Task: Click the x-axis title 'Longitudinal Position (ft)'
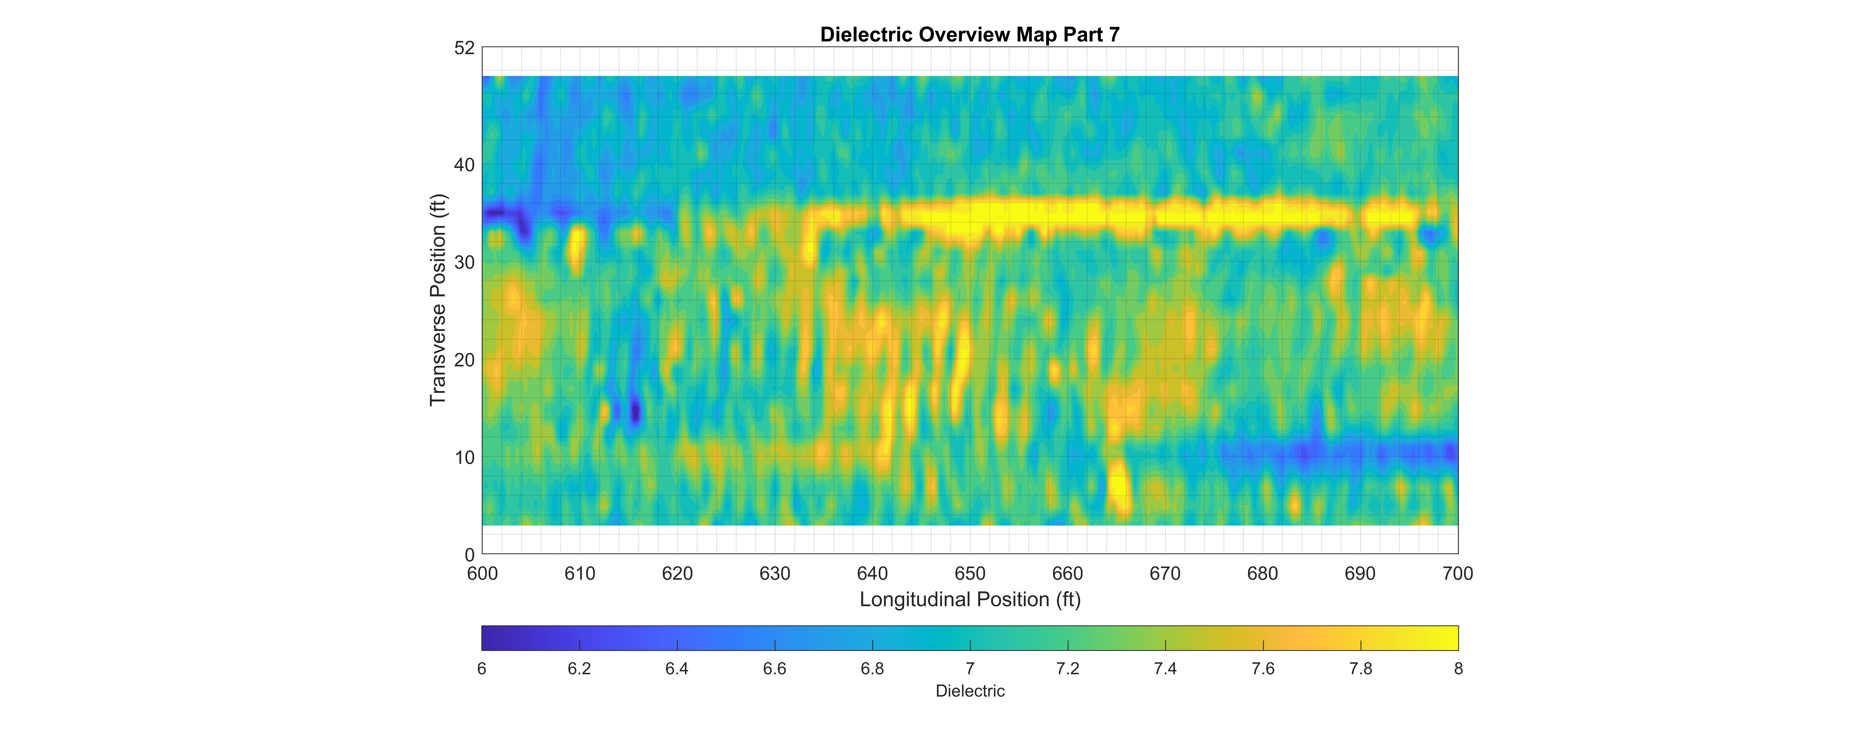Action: [970, 599]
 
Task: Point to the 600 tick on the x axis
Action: [482, 574]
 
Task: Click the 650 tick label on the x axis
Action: [970, 574]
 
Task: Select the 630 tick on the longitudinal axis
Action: [774, 574]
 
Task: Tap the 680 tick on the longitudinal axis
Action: [1262, 574]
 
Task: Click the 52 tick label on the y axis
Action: [464, 48]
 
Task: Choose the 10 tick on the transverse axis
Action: [464, 457]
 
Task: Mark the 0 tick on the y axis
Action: [469, 555]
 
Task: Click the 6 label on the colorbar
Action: [482, 668]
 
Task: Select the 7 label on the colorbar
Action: [970, 668]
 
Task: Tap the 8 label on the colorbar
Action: [1458, 668]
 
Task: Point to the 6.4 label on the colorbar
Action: [677, 668]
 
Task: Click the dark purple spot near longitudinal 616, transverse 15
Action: [635, 412]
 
